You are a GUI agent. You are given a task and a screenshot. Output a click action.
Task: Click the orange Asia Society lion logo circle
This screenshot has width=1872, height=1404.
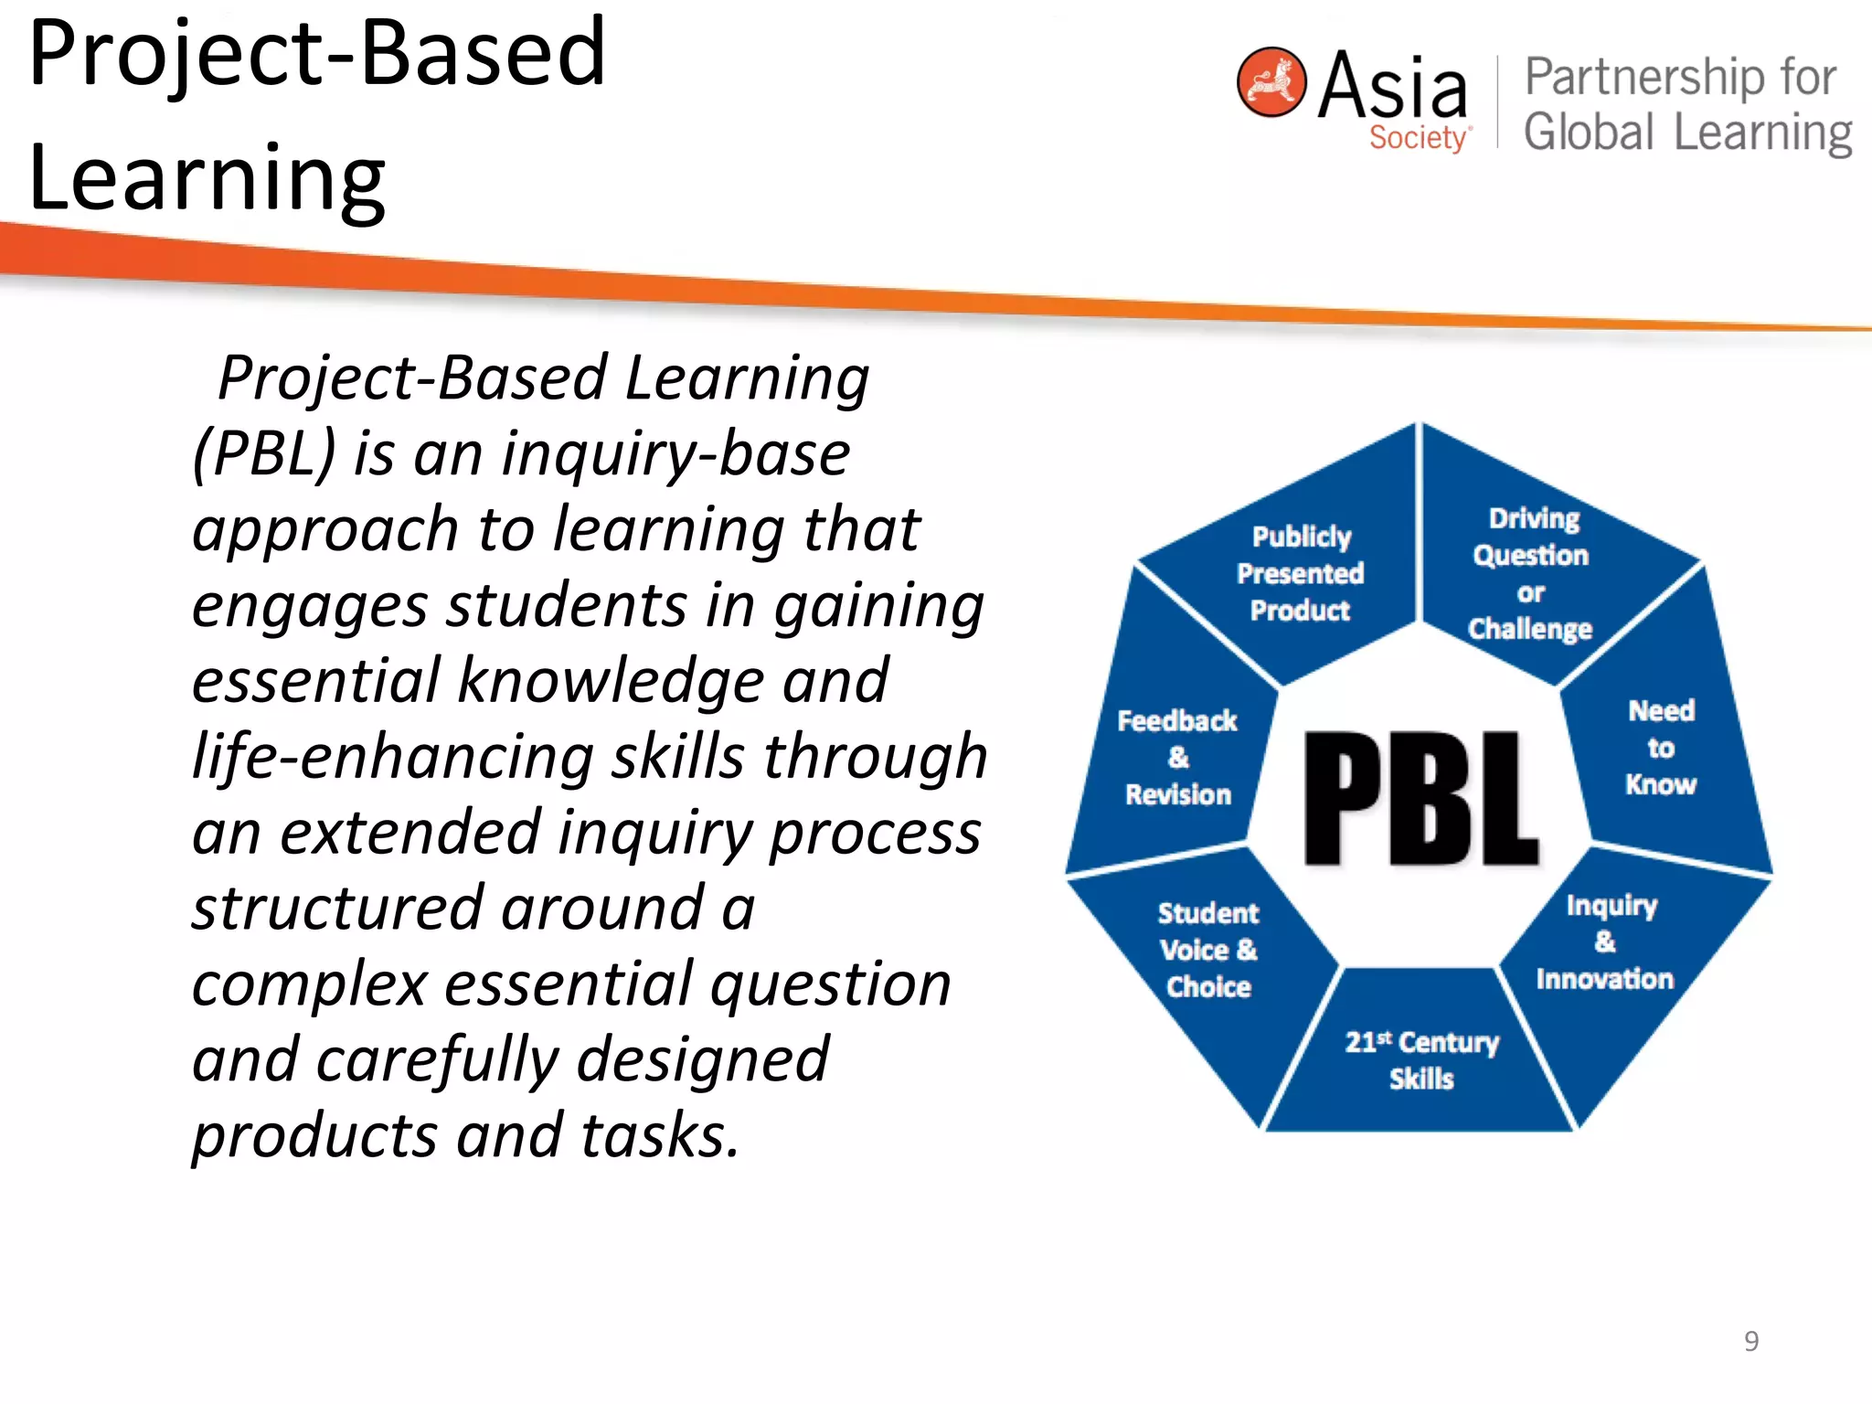click(x=1271, y=82)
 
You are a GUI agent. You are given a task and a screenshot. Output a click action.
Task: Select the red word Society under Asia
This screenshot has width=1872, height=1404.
click(x=1418, y=138)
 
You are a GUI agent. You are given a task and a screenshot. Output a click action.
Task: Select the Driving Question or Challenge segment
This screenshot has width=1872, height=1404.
click(x=1531, y=574)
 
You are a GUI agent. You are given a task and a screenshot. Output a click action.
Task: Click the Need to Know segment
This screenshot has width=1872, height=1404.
click(x=1662, y=748)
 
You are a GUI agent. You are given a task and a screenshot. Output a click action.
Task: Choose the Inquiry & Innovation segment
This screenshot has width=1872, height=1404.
click(x=1606, y=942)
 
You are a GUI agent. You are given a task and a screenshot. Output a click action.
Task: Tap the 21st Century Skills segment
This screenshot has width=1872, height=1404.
click(x=1421, y=1060)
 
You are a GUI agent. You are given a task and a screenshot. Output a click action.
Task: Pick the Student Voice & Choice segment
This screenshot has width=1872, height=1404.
click(x=1208, y=951)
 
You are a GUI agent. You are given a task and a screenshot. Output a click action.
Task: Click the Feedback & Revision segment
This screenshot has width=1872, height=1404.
click(x=1177, y=758)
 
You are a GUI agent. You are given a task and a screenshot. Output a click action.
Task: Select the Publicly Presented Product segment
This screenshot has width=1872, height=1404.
click(x=1301, y=574)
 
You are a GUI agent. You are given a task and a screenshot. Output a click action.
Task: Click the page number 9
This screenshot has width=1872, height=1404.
click(x=1750, y=1341)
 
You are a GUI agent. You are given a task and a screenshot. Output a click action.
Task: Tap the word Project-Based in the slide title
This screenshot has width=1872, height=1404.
click(x=317, y=55)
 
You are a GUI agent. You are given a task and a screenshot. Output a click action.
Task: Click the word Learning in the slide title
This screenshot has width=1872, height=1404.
click(x=207, y=178)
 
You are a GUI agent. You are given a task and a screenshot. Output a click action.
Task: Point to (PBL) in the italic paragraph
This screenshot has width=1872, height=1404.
click(x=264, y=453)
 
